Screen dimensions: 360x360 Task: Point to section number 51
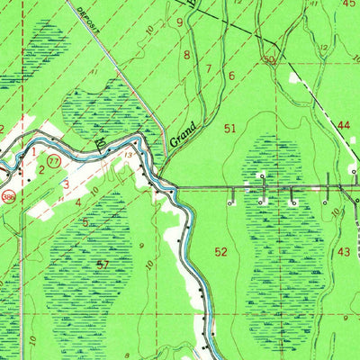231,130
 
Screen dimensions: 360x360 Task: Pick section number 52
222,252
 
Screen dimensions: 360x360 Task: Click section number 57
103,264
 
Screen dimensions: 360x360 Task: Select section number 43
344,252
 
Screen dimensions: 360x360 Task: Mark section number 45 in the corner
349,4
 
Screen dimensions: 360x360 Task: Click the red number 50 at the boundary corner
268,59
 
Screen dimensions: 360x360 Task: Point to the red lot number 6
231,77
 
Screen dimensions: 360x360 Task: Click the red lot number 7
209,68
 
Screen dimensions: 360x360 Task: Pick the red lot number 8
187,56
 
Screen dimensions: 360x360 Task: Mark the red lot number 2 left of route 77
41,169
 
